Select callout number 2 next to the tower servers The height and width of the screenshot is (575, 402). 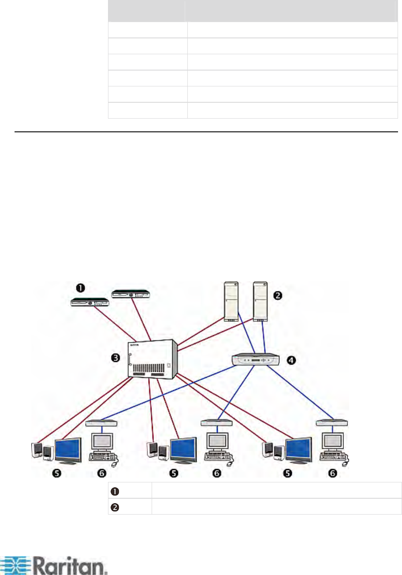point(278,295)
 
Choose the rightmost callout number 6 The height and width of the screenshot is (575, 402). point(334,474)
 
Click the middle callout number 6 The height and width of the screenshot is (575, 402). point(217,474)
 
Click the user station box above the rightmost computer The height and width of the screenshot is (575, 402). point(332,422)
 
